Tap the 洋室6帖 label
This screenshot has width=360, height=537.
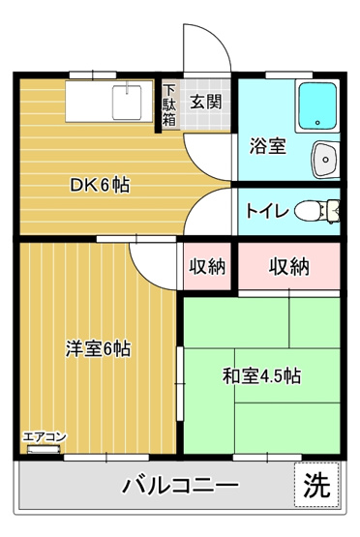pyautogui.click(x=98, y=347)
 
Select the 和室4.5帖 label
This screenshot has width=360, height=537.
pyautogui.click(x=261, y=376)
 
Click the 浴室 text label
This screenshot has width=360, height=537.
pyautogui.click(x=266, y=146)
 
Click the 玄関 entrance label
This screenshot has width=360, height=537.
pyautogui.click(x=204, y=100)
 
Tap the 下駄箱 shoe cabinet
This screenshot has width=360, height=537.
pyautogui.click(x=168, y=106)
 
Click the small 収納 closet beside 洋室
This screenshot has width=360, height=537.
pyautogui.click(x=206, y=265)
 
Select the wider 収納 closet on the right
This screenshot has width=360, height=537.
pyautogui.click(x=289, y=265)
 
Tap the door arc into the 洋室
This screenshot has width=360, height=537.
pyautogui.click(x=152, y=257)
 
